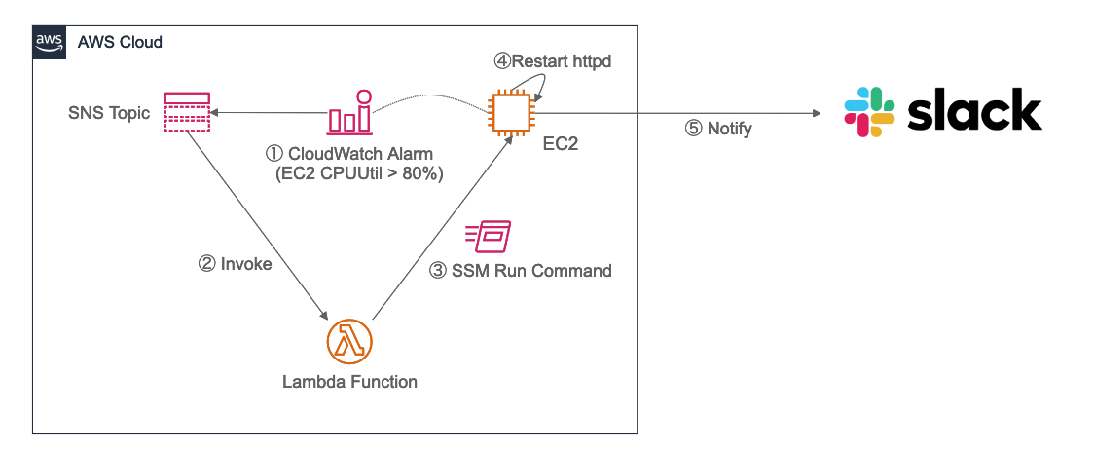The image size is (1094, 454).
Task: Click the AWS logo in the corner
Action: [49, 42]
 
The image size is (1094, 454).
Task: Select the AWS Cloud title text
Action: [119, 43]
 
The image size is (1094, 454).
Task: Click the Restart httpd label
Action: [552, 61]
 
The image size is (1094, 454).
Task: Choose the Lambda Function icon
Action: [349, 341]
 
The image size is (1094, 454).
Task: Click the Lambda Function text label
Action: [349, 382]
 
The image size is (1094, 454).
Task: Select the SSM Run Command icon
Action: [488, 235]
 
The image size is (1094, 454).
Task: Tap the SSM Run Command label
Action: [521, 271]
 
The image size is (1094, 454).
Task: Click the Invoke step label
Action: [235, 264]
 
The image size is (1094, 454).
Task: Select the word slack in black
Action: [974, 109]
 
